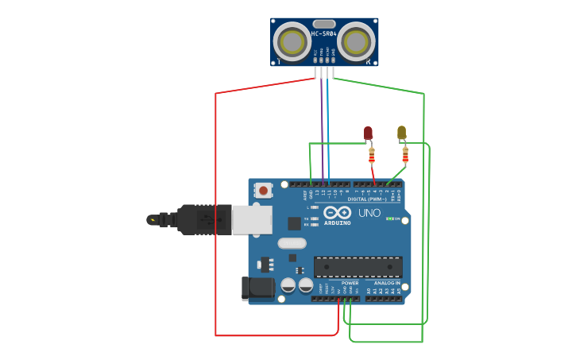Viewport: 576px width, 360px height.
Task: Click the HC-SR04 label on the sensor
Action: pos(323,33)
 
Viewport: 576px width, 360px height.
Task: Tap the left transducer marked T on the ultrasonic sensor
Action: pos(292,41)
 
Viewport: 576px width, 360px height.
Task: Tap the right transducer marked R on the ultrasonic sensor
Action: pos(357,41)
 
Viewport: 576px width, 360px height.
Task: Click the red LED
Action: pos(368,133)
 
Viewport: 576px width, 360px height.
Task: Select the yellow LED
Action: pos(401,132)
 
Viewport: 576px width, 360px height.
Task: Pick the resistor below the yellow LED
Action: pos(405,154)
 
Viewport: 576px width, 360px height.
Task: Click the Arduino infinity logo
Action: pos(337,213)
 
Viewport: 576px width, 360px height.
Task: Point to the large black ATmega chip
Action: pos(358,267)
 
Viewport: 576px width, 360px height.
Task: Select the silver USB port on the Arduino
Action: pos(252,219)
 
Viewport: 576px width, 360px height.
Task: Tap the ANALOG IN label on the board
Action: pos(387,283)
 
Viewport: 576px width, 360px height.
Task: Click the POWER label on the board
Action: pos(350,283)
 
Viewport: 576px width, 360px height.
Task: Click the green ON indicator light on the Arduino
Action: pos(389,219)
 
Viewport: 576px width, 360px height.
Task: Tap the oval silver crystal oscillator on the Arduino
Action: pos(292,244)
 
